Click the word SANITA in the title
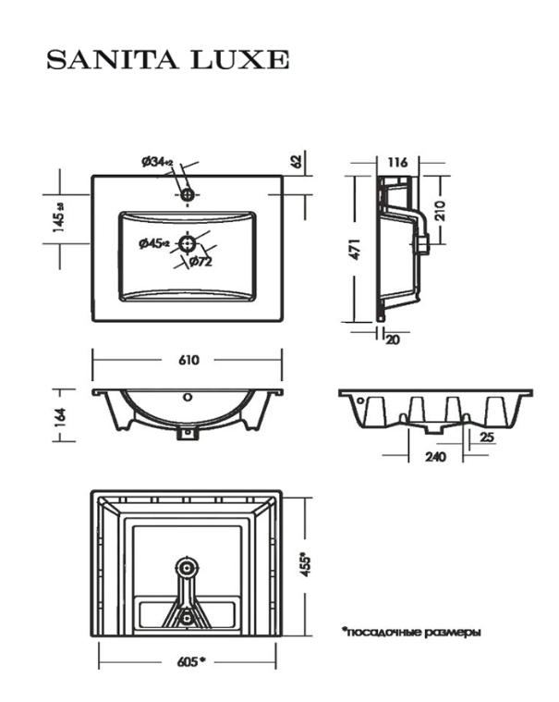tap(112, 59)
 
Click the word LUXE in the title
tap(240, 59)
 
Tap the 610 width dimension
tap(188, 360)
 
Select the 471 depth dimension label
tap(355, 250)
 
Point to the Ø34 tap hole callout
tap(157, 162)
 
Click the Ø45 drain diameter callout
tap(154, 243)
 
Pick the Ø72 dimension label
tap(201, 262)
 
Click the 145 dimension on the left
tap(58, 216)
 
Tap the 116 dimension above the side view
tap(397, 162)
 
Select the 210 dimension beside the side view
tap(440, 211)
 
